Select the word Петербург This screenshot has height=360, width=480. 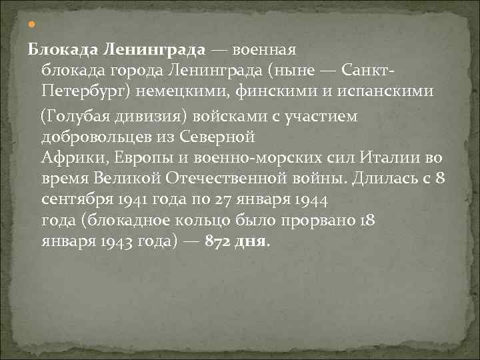coord(77,89)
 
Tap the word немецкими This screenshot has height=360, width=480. coord(158,89)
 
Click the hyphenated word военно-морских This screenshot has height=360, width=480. coord(211,159)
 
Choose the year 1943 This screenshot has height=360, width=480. coord(106,241)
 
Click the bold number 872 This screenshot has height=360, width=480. coord(217,241)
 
